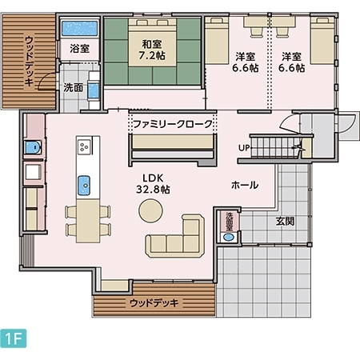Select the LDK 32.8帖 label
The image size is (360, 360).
pyautogui.click(x=154, y=183)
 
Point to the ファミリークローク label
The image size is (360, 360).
pyautogui.click(x=173, y=125)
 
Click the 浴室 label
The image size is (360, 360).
pyautogui.click(x=79, y=49)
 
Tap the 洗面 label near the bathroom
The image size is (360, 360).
pyautogui.click(x=73, y=87)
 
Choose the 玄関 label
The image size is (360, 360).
pyautogui.click(x=286, y=221)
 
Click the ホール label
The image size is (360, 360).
pyautogui.click(x=244, y=185)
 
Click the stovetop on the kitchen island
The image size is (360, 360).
pyautogui.click(x=84, y=146)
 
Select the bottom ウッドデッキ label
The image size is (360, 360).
pyautogui.click(x=154, y=303)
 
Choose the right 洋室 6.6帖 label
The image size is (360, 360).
pyautogui.click(x=292, y=62)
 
